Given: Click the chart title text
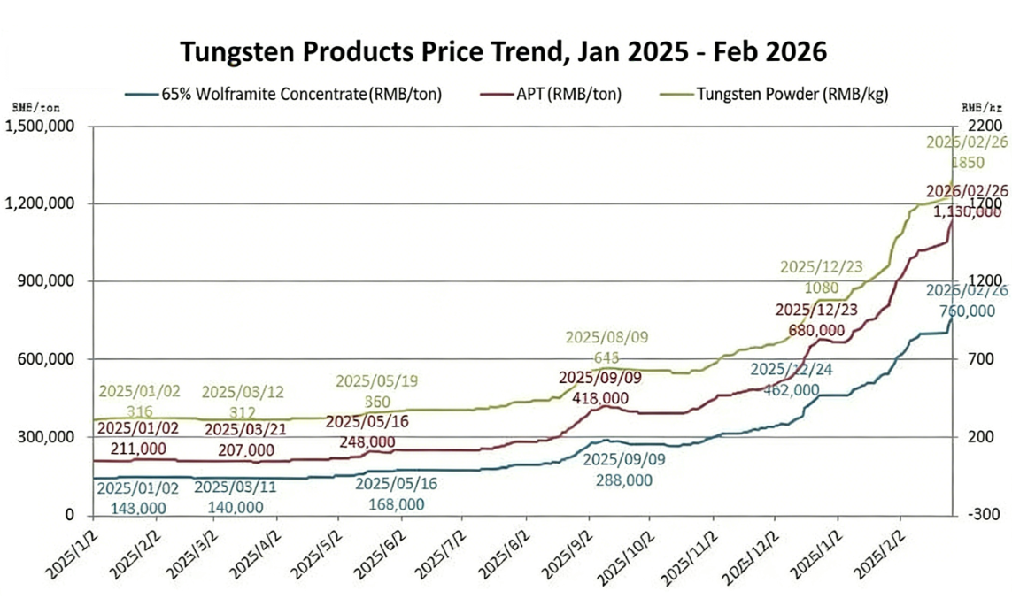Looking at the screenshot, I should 504,51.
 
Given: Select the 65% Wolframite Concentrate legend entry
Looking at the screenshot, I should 301,94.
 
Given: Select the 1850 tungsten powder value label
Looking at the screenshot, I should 967,163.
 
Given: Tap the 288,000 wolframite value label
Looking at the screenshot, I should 623,480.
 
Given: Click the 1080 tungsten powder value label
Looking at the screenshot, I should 822,288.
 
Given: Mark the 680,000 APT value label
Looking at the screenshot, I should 815,329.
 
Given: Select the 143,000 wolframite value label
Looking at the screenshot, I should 137,508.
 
